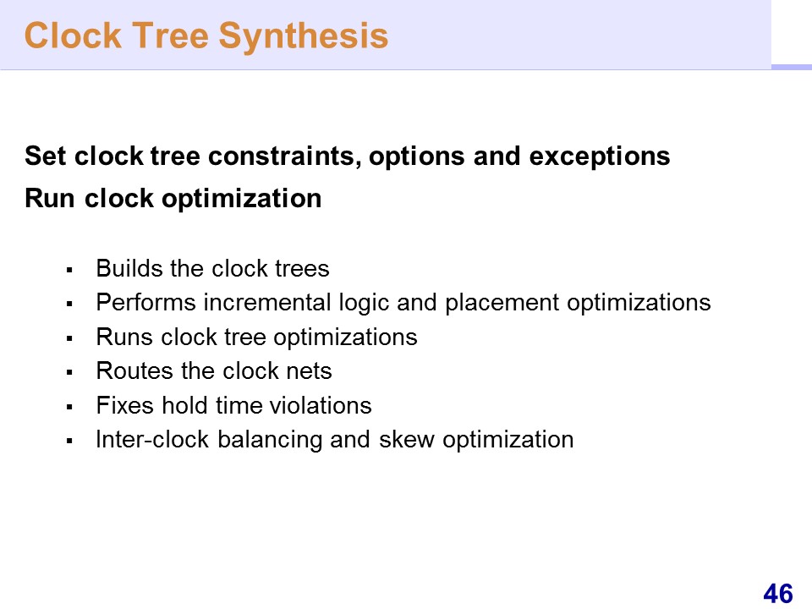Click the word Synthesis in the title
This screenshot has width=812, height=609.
pyautogui.click(x=303, y=36)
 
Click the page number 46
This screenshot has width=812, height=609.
pyautogui.click(x=778, y=594)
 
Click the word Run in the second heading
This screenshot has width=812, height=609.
pyautogui.click(x=50, y=198)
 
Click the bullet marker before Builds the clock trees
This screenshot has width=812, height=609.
pyautogui.click(x=69, y=270)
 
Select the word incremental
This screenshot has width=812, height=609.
pyautogui.click(x=267, y=303)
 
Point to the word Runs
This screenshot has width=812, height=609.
pyautogui.click(x=125, y=337)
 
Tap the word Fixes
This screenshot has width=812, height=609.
pyautogui.click(x=125, y=405)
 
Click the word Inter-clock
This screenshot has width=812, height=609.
pyautogui.click(x=152, y=439)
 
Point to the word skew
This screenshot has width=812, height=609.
pyautogui.click(x=407, y=439)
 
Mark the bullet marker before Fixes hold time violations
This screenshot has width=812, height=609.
pyautogui.click(x=69, y=407)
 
